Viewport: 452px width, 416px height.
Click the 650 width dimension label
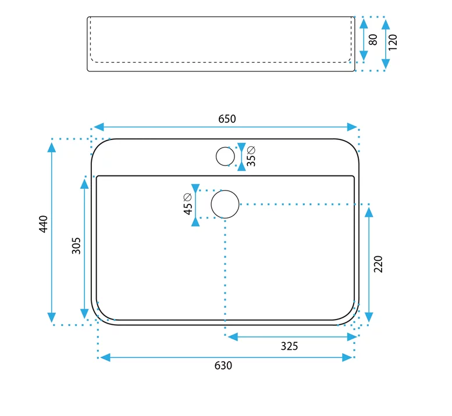[227, 119]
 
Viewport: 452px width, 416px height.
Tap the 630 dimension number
[223, 365]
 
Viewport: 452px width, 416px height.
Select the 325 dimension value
[289, 346]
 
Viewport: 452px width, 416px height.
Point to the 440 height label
[43, 224]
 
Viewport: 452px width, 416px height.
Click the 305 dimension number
[76, 246]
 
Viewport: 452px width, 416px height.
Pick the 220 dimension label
[378, 264]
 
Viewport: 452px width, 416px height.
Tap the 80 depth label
[373, 40]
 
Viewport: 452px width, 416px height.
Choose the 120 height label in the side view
[393, 42]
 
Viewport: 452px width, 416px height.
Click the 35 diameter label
[251, 156]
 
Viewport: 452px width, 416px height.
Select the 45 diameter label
[188, 204]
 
